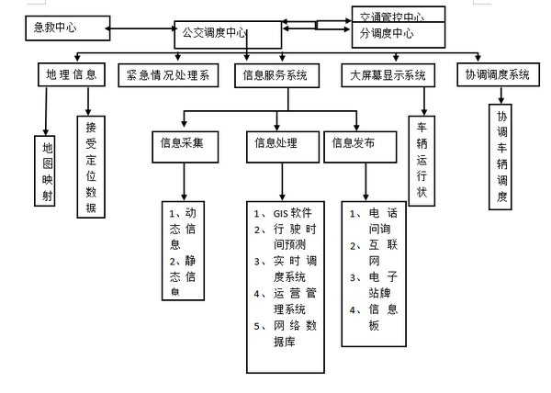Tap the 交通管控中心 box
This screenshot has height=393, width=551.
click(399, 15)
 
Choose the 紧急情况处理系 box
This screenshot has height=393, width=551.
click(168, 75)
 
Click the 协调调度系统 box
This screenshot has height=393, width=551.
click(496, 75)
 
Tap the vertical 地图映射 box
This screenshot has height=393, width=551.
click(48, 167)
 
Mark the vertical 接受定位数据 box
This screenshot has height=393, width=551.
click(90, 165)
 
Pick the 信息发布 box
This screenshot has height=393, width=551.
click(354, 143)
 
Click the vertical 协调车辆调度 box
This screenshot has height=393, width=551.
click(502, 157)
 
